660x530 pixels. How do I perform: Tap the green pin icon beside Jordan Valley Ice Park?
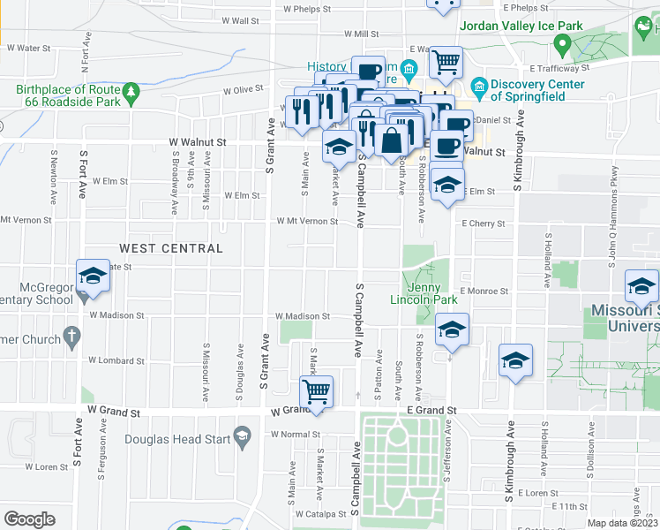[559, 44]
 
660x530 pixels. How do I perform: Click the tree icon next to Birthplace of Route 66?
[131, 90]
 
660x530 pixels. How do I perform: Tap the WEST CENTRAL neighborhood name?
[171, 248]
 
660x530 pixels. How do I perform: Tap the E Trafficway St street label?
[559, 67]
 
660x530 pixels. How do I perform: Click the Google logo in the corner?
[29, 519]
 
